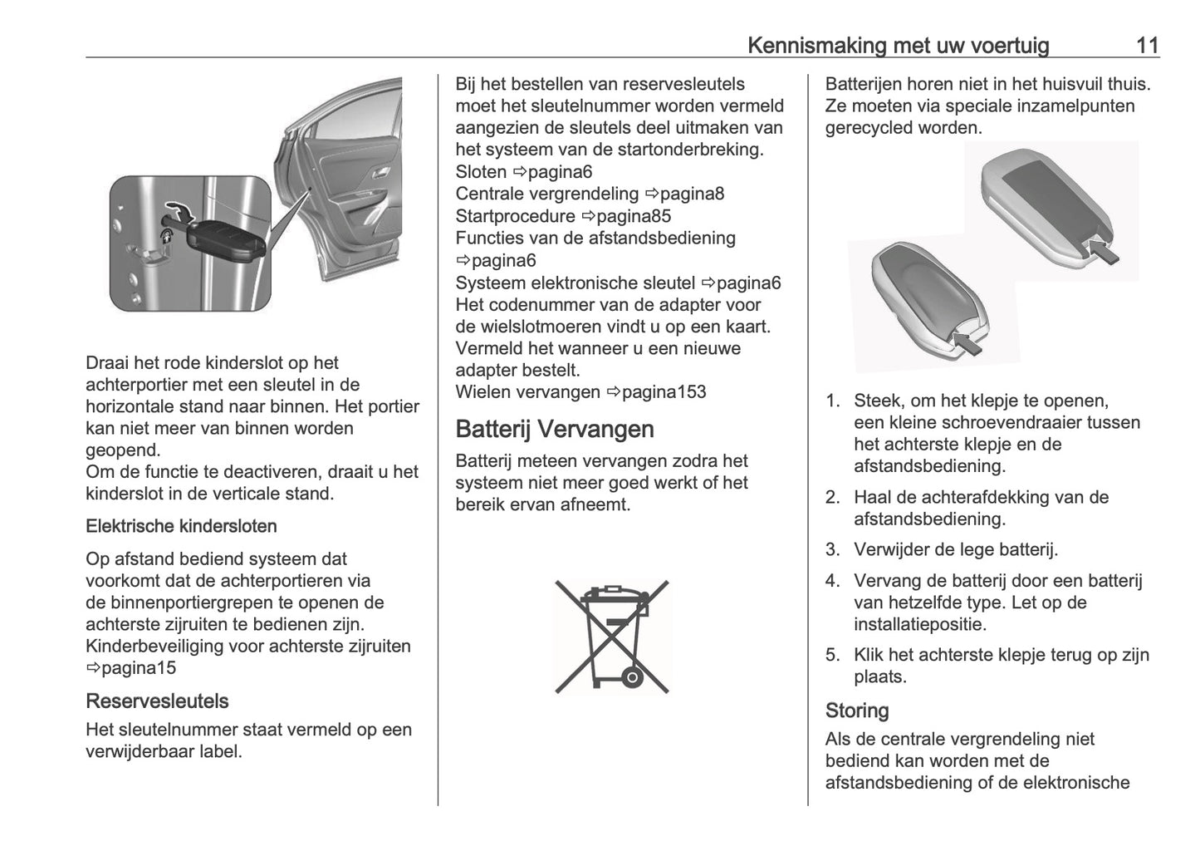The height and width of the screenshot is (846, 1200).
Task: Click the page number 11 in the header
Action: (x=1147, y=45)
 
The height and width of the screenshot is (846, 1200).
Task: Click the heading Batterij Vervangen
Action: (x=555, y=429)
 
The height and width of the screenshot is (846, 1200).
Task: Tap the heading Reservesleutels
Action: (x=157, y=701)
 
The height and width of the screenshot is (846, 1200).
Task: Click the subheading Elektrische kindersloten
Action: (x=181, y=526)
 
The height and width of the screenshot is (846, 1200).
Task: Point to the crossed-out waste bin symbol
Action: (x=612, y=637)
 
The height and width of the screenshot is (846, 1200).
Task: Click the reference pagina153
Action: (x=664, y=391)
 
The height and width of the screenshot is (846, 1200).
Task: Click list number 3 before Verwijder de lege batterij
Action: (x=833, y=549)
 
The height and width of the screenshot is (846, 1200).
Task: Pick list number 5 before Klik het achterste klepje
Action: (x=833, y=655)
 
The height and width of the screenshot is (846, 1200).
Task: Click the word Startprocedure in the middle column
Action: (x=515, y=216)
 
